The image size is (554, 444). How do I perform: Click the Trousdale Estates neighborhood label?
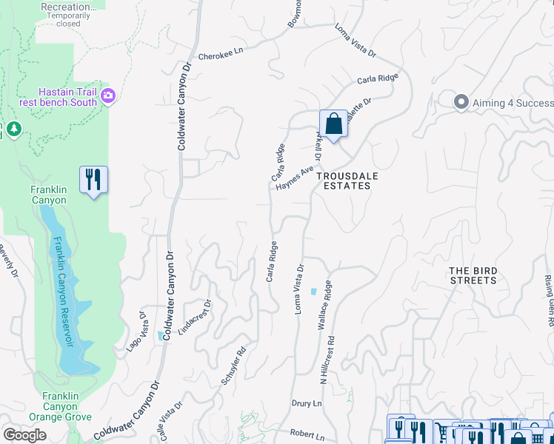pyautogui.click(x=343, y=181)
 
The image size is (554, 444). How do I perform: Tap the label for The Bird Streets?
pyautogui.click(x=473, y=276)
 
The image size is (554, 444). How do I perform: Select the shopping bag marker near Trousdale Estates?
pyautogui.click(x=334, y=124)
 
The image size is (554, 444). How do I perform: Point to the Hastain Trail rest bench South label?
pyautogui.click(x=68, y=97)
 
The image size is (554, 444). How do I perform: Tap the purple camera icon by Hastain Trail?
pyautogui.click(x=108, y=95)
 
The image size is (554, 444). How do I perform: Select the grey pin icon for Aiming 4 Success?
pyautogui.click(x=461, y=102)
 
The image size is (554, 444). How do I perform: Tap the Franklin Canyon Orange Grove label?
pyautogui.click(x=59, y=406)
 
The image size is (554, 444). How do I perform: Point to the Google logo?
pyautogui.click(x=24, y=435)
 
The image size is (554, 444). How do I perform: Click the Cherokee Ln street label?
pyautogui.click(x=221, y=55)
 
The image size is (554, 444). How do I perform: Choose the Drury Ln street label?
pyautogui.click(x=307, y=404)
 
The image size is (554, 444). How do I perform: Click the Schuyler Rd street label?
pyautogui.click(x=233, y=367)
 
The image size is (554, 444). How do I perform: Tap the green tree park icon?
pyautogui.click(x=13, y=130)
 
